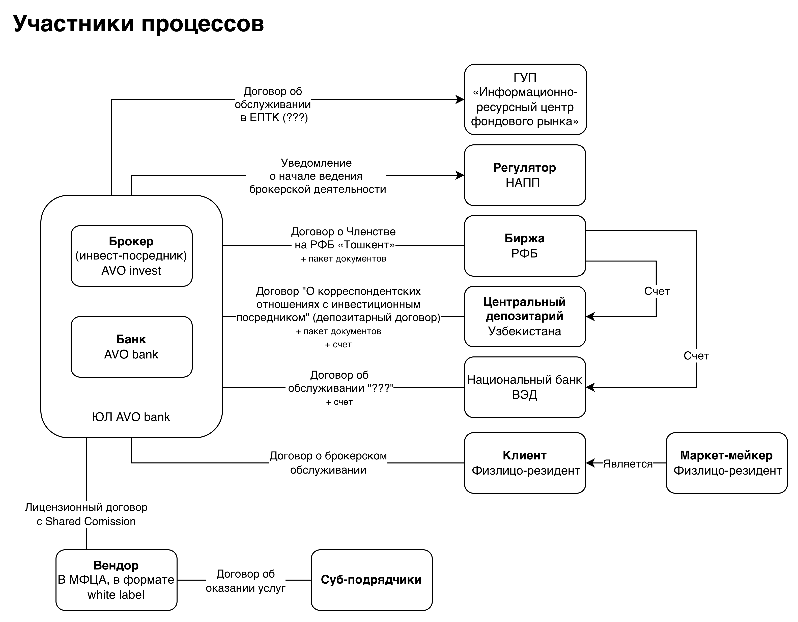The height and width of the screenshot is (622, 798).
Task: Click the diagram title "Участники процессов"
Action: pyautogui.click(x=138, y=24)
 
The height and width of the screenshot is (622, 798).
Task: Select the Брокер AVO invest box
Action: pyautogui.click(x=132, y=256)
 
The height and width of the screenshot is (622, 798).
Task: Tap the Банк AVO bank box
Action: pyautogui.click(x=132, y=347)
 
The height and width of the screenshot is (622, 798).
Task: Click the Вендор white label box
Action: pyautogui.click(x=117, y=580)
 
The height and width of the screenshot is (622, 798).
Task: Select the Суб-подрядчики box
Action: pyautogui.click(x=372, y=580)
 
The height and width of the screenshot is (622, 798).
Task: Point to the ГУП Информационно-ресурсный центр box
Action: pyautogui.click(x=525, y=99)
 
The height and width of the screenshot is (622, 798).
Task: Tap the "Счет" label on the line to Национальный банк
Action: pyautogui.click(x=696, y=356)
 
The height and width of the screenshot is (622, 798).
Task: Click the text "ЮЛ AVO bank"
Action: pyautogui.click(x=131, y=417)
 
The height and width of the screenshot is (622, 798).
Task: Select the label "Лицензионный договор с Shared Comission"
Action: pyautogui.click(x=86, y=514)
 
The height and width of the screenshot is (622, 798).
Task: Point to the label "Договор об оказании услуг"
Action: pyautogui.click(x=246, y=581)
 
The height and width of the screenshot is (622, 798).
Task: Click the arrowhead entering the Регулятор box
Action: pyautogui.click(x=460, y=175)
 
